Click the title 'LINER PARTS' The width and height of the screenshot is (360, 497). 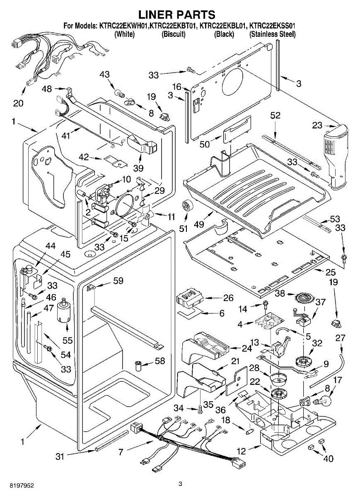click(x=176, y=15)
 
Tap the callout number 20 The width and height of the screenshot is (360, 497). click(x=18, y=103)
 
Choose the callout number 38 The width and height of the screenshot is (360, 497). click(x=280, y=293)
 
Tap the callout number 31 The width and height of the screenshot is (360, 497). click(x=60, y=456)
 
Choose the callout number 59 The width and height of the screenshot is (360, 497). click(x=118, y=281)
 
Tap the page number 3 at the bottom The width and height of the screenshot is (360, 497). click(x=180, y=484)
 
